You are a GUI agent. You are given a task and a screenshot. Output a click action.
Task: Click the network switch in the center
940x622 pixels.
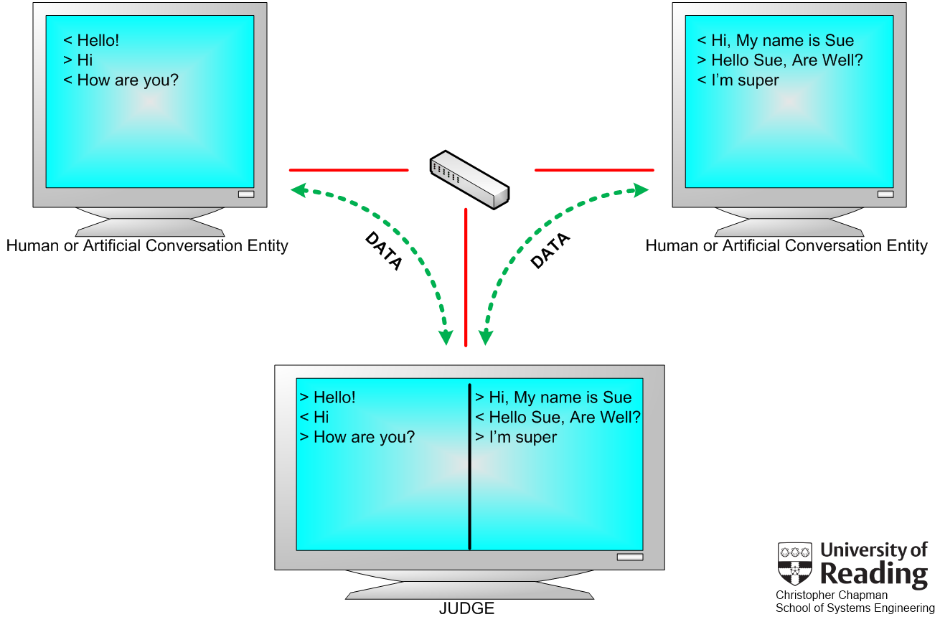coord(469,180)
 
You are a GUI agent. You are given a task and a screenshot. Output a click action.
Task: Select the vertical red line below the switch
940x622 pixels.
coord(466,278)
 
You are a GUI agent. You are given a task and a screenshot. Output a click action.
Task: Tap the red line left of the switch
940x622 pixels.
coord(349,170)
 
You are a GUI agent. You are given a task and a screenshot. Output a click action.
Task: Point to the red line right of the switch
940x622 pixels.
coord(594,170)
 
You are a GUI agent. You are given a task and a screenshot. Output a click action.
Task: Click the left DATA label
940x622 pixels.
coord(384,251)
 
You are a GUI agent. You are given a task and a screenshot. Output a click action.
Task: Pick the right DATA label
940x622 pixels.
coord(550,250)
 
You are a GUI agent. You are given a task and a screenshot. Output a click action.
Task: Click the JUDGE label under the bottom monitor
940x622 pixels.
coord(466,608)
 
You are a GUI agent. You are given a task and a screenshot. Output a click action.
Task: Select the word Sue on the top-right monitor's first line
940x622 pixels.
coord(840,40)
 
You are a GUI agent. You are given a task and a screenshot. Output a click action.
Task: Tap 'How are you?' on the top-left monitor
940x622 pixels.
coord(128,80)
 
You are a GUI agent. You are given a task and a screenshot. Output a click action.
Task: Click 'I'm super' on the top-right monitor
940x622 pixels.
coord(746,80)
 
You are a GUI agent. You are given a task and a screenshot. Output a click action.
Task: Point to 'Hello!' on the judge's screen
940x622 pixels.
coord(334,397)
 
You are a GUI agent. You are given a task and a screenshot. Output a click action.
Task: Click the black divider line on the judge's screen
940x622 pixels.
coord(469,466)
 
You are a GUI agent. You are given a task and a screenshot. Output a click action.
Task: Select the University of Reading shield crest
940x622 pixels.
coord(795,564)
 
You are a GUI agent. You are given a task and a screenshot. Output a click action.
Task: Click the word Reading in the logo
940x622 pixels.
coord(874,574)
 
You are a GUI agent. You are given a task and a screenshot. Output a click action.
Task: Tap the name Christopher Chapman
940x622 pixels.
coord(832,595)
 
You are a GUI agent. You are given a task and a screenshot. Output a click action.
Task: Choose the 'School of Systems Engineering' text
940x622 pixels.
coord(855,608)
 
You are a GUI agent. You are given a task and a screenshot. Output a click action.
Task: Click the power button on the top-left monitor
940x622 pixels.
coord(246,194)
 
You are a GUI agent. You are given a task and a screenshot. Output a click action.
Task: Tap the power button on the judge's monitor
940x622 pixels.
coord(630,557)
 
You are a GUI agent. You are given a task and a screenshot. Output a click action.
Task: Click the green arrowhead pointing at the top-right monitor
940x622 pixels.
coord(641,190)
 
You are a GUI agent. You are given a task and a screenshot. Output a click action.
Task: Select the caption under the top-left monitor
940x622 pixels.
coord(147,246)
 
